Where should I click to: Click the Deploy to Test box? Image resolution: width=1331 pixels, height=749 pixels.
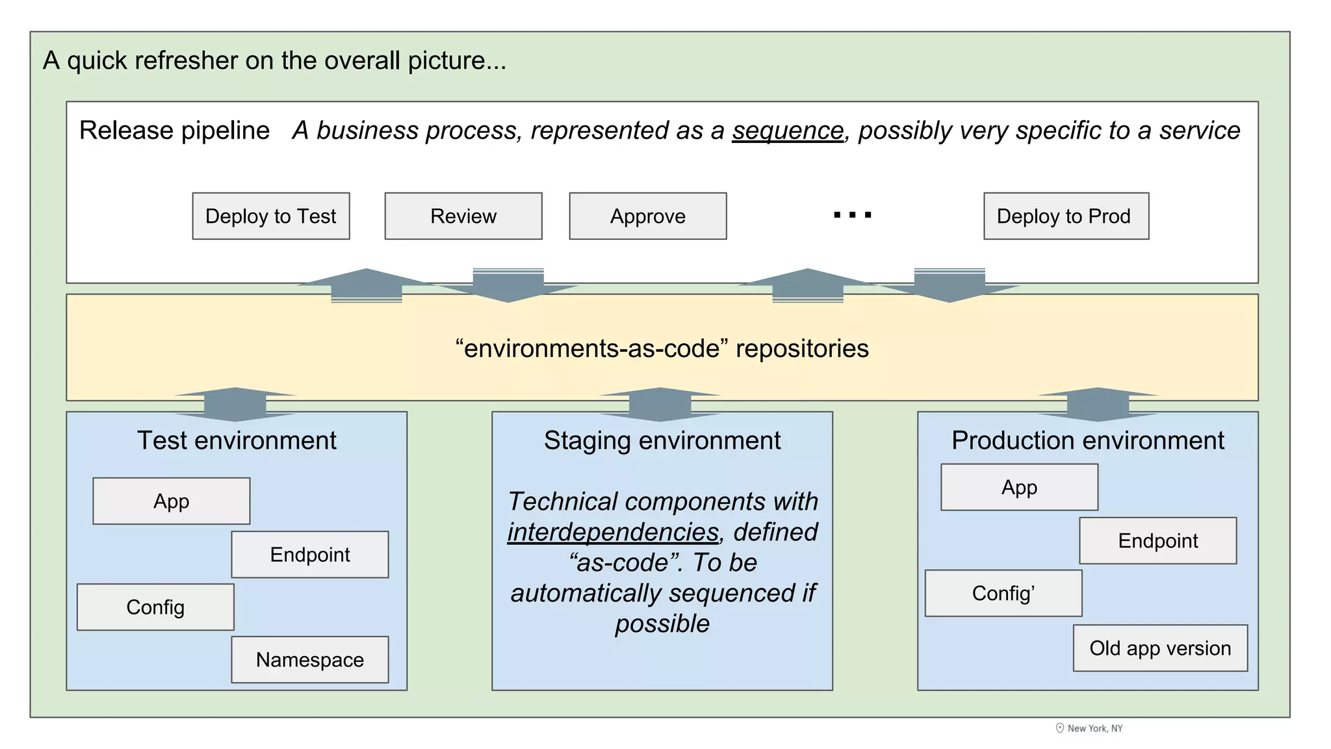(x=271, y=216)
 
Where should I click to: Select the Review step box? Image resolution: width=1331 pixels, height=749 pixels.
(x=463, y=216)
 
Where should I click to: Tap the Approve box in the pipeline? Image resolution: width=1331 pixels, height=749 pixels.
(x=648, y=216)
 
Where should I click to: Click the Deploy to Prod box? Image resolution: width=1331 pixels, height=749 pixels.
(x=1066, y=216)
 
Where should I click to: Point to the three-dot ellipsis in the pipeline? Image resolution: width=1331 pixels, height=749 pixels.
(x=852, y=215)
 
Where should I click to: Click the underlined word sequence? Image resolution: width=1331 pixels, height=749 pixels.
(x=788, y=131)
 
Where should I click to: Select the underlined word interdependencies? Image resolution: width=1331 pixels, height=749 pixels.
(x=613, y=532)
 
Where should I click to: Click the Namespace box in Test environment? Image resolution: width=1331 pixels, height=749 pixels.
(x=310, y=659)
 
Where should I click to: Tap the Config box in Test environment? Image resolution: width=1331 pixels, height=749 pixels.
(x=155, y=607)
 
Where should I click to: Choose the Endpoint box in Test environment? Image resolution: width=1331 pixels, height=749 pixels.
(x=310, y=554)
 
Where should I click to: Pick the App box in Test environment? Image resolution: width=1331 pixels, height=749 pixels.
(x=172, y=501)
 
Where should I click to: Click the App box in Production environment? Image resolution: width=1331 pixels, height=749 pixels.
(x=1019, y=487)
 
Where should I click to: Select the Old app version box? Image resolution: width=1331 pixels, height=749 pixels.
(x=1160, y=648)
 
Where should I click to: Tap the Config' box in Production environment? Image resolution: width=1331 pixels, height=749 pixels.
(x=1003, y=593)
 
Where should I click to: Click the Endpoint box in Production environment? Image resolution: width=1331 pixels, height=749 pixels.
(x=1157, y=540)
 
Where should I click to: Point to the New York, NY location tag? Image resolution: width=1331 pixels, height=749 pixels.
(x=1089, y=728)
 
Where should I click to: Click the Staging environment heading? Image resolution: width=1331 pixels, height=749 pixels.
(x=662, y=440)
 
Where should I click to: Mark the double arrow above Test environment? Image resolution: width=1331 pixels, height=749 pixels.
(x=235, y=404)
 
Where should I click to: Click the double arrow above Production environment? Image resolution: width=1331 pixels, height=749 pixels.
(x=1098, y=404)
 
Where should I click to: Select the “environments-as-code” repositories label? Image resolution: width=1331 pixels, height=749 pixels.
(x=662, y=348)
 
